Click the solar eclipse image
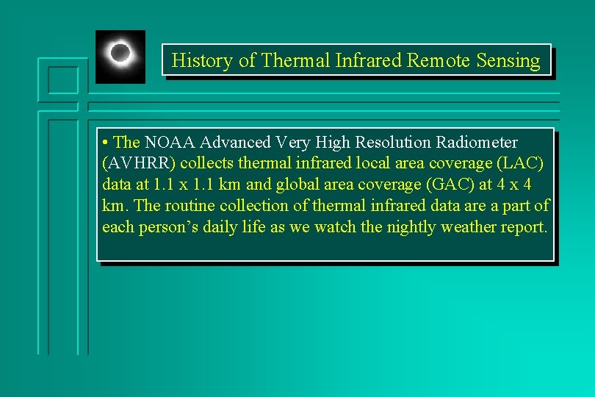coord(120,56)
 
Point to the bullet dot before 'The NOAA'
coord(107,142)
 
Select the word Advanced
coord(233,142)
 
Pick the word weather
coord(469,227)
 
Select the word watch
coord(336,227)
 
